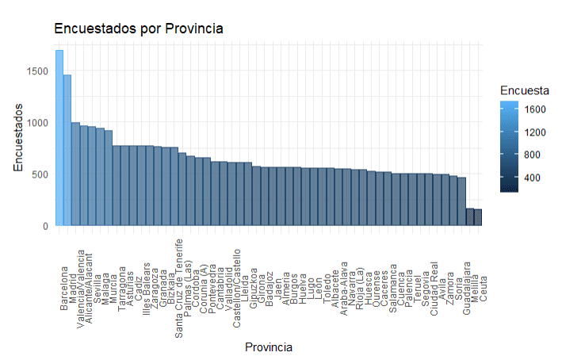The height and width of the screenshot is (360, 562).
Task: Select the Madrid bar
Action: pyautogui.click(x=67, y=151)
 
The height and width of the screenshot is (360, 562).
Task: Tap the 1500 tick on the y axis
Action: pyautogui.click(x=36, y=71)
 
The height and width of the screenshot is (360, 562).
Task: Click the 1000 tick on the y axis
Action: pyautogui.click(x=36, y=123)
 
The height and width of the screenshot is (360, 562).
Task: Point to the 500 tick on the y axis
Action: pyautogui.click(x=40, y=174)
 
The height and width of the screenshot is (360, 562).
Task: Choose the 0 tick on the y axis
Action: pyautogui.click(x=45, y=226)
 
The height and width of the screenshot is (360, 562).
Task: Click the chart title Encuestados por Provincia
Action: pyautogui.click(x=139, y=29)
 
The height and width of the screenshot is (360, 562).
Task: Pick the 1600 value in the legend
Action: pyautogui.click(x=535, y=109)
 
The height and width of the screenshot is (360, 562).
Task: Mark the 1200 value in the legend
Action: pyautogui.click(x=535, y=132)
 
